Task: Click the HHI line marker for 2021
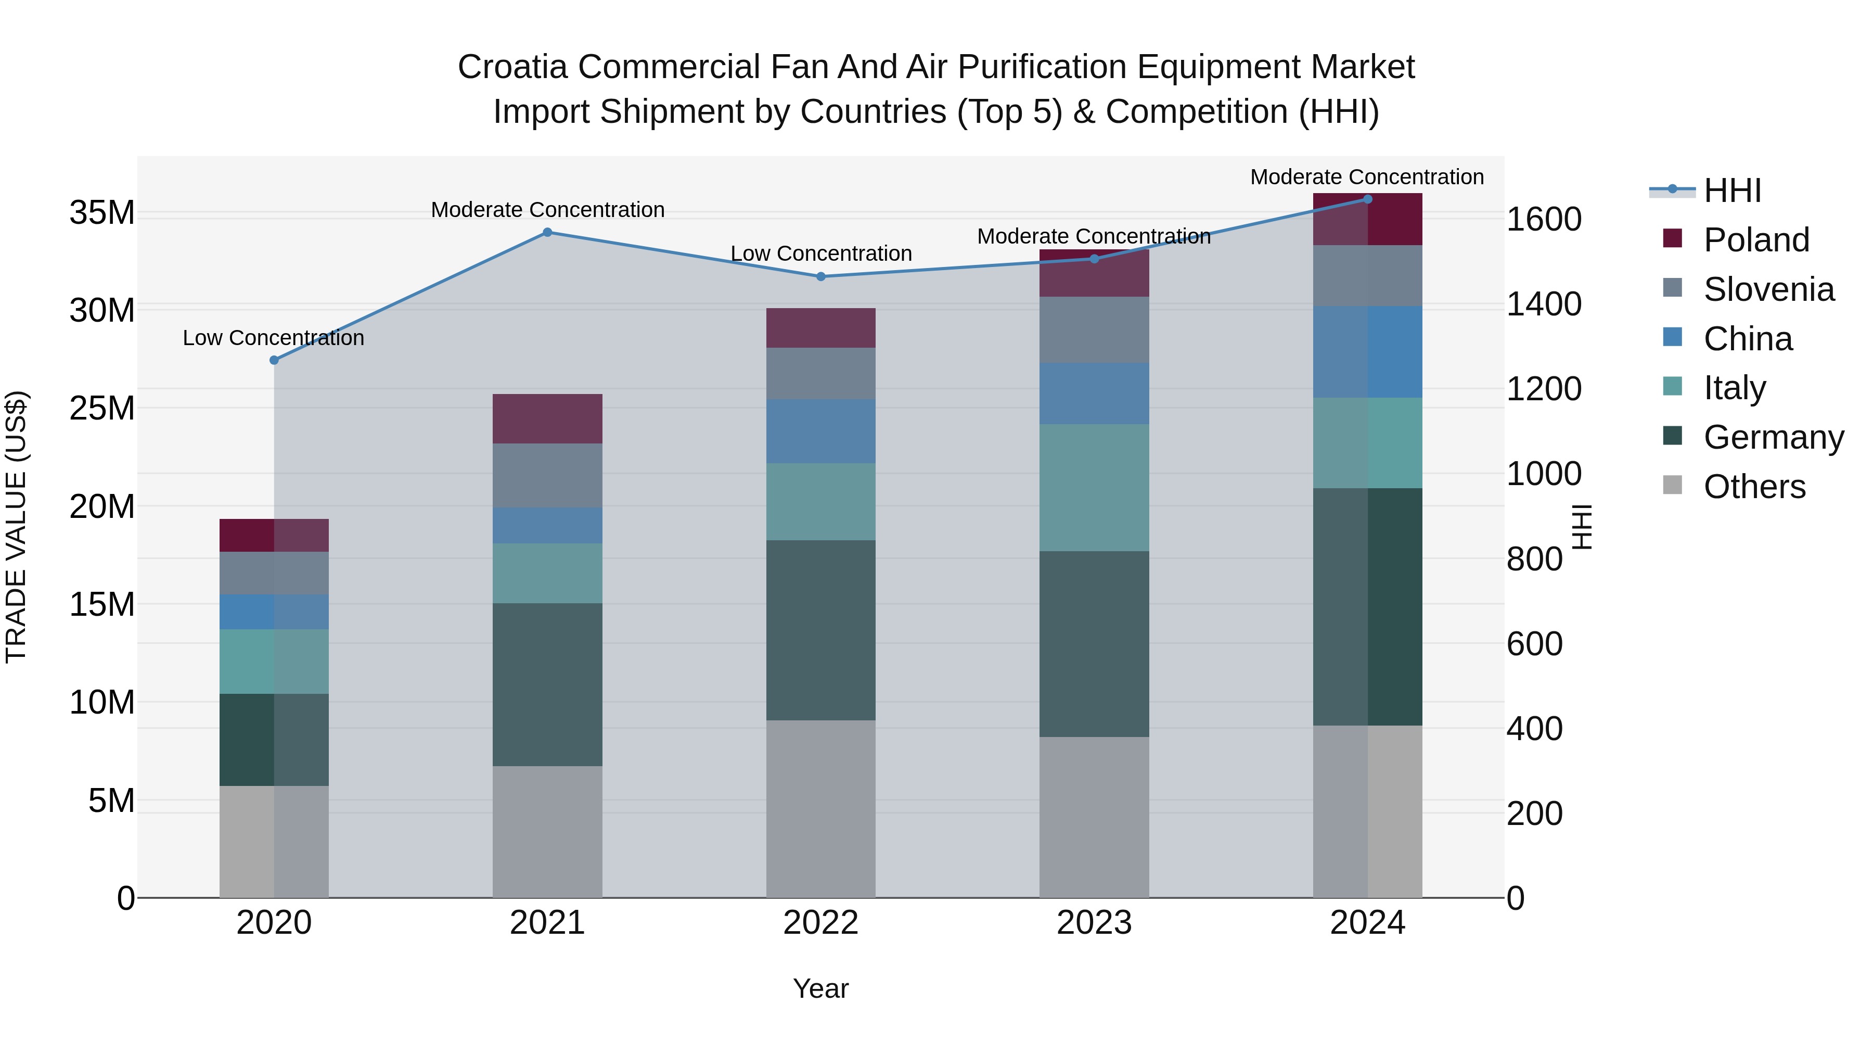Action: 547,233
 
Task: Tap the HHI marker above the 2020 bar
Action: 274,360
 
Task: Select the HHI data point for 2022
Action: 821,276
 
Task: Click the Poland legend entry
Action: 1755,240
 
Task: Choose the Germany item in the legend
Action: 1773,437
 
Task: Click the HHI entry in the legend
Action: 1732,191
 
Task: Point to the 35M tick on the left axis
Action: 102,213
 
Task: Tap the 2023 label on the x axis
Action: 1094,923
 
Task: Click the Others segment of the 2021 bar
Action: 547,831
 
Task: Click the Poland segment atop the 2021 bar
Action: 547,419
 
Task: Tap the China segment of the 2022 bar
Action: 821,431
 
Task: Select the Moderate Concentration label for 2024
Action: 1367,177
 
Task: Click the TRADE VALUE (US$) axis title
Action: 16,527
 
